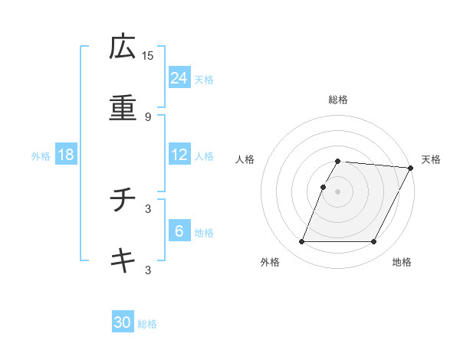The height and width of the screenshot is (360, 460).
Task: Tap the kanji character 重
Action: tap(123, 108)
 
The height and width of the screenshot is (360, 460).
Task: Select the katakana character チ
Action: tap(123, 201)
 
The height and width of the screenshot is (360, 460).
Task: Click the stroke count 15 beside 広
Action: tap(148, 55)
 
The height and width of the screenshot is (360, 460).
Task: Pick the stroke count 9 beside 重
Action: tap(148, 116)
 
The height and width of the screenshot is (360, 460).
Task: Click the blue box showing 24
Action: tap(179, 77)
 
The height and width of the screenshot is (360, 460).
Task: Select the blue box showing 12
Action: tap(179, 155)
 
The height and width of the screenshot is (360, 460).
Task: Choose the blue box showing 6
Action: tap(179, 231)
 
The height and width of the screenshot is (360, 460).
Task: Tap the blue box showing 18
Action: tap(66, 155)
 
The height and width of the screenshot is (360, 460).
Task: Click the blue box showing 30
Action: tap(123, 322)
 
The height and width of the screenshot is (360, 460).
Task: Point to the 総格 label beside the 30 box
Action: tap(148, 324)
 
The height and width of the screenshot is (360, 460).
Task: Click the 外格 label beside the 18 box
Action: tap(41, 156)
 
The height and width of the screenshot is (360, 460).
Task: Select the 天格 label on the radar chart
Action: tap(432, 159)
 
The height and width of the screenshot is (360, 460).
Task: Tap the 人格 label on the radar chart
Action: tap(245, 159)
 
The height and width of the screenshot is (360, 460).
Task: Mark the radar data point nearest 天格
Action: tap(412, 168)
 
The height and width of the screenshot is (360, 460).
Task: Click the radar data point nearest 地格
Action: tap(374, 242)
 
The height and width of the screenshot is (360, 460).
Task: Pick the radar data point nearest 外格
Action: tap(301, 242)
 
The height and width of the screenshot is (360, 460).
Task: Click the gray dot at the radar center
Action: tap(337, 191)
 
